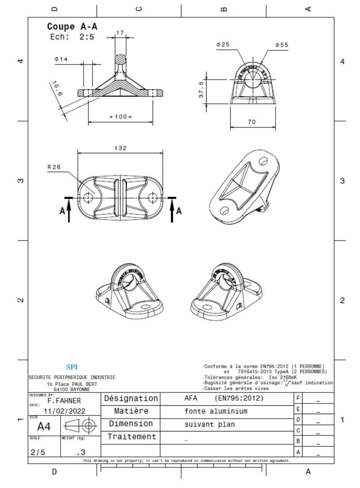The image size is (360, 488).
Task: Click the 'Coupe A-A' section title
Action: pos(72,27)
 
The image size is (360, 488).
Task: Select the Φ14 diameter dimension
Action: pos(61,59)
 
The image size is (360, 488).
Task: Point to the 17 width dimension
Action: pos(120,33)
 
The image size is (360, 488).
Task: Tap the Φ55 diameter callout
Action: pos(281,45)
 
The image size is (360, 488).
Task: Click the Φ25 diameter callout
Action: pos(223,45)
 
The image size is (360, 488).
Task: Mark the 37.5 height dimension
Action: pos(201,90)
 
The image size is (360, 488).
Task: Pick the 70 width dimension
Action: pos(251,122)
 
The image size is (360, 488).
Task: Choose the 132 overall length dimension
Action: pos(120,148)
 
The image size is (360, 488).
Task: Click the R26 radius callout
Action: pos(54,168)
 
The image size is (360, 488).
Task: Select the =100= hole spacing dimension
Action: pos(121,116)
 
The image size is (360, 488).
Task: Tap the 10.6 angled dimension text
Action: pos(57,88)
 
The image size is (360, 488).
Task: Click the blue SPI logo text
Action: pos(72,367)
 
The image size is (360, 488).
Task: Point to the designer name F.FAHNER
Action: pos(64,400)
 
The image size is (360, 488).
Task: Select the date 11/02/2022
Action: pos(65,411)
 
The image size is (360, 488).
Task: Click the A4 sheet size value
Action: pos(44,427)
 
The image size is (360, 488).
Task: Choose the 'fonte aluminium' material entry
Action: pos(216,411)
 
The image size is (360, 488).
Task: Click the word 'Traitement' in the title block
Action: pos(131,437)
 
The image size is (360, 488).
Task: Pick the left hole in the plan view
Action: pos(88,198)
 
